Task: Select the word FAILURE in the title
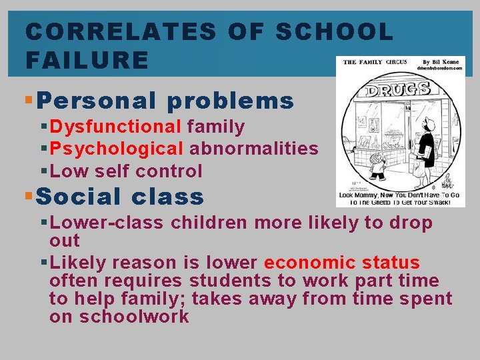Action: pyautogui.click(x=87, y=61)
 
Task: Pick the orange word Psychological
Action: pyautogui.click(x=117, y=149)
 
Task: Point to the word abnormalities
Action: pyautogui.click(x=254, y=149)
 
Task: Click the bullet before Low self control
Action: pyautogui.click(x=43, y=171)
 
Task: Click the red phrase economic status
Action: pyautogui.click(x=342, y=263)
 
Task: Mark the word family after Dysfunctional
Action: pyautogui.click(x=216, y=127)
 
